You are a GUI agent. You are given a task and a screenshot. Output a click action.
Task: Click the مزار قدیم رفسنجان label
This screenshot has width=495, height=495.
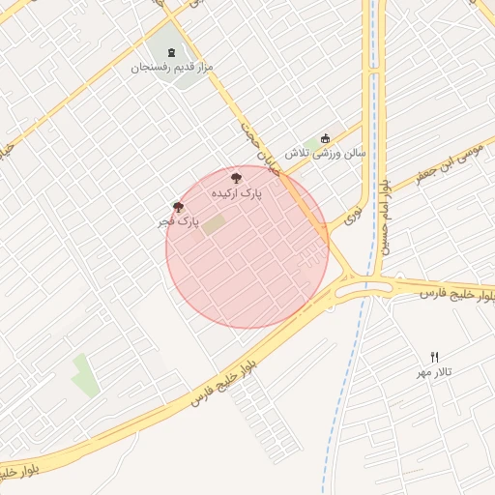tap(172, 68)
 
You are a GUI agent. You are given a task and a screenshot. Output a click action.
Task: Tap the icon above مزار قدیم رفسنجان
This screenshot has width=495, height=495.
tap(173, 52)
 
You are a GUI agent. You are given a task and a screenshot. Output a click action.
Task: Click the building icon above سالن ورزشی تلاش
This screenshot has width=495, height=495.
tap(325, 137)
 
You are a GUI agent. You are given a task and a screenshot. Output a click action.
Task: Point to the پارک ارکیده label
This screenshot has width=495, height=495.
tap(237, 193)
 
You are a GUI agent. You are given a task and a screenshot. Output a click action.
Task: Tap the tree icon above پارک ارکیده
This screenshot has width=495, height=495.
tap(237, 177)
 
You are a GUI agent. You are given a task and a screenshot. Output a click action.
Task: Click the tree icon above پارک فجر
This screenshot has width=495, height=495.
tap(178, 206)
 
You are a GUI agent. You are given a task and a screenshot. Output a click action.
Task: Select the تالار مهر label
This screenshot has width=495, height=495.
tap(434, 372)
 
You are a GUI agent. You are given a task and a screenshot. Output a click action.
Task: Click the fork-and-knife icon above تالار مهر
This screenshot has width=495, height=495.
tap(434, 357)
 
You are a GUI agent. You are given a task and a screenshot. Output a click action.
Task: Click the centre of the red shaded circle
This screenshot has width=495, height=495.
tap(247, 247)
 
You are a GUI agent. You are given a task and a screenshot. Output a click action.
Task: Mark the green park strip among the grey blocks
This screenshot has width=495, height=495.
tap(85, 375)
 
